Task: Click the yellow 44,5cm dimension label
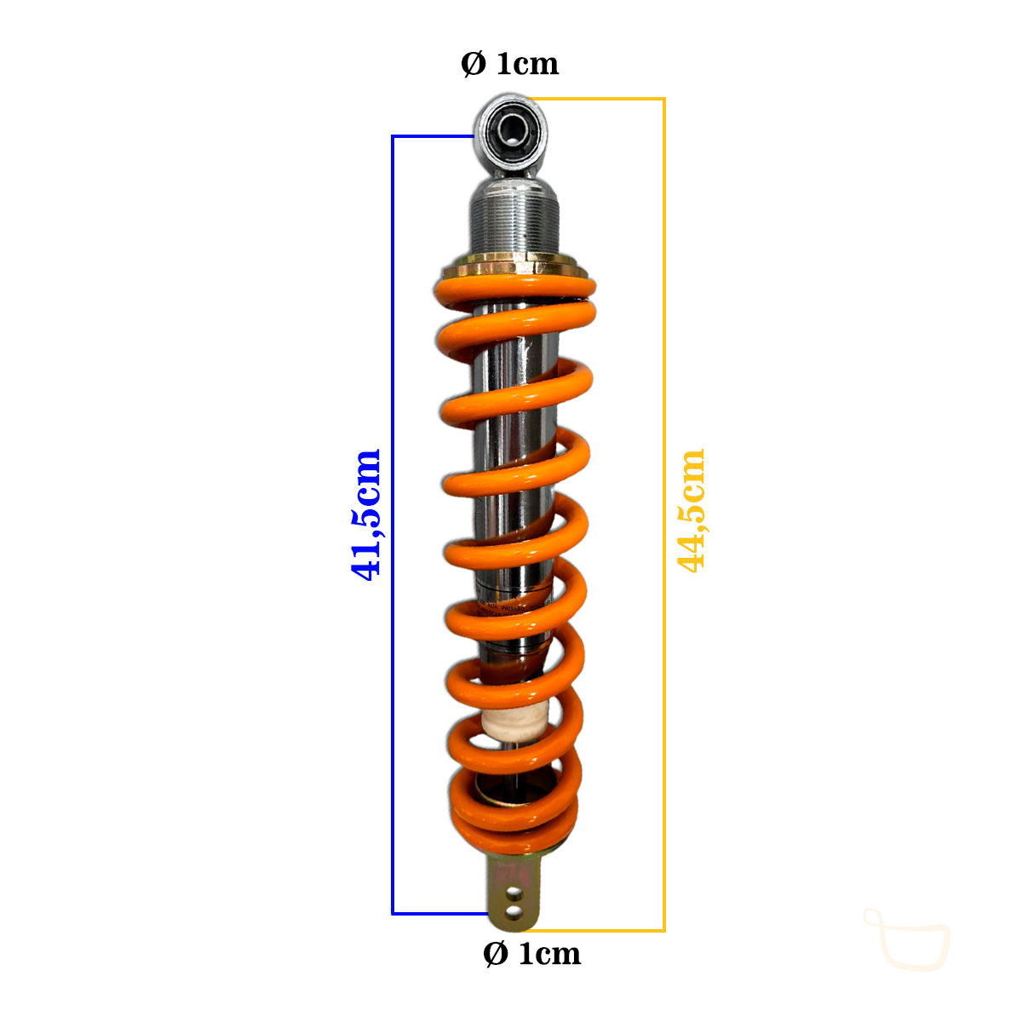pyautogui.click(x=691, y=511)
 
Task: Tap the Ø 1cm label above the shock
pyautogui.click(x=509, y=64)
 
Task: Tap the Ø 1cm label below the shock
pyautogui.click(x=532, y=954)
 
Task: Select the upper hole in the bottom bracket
pyautogui.click(x=513, y=896)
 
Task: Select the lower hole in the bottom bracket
pyautogui.click(x=513, y=912)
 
